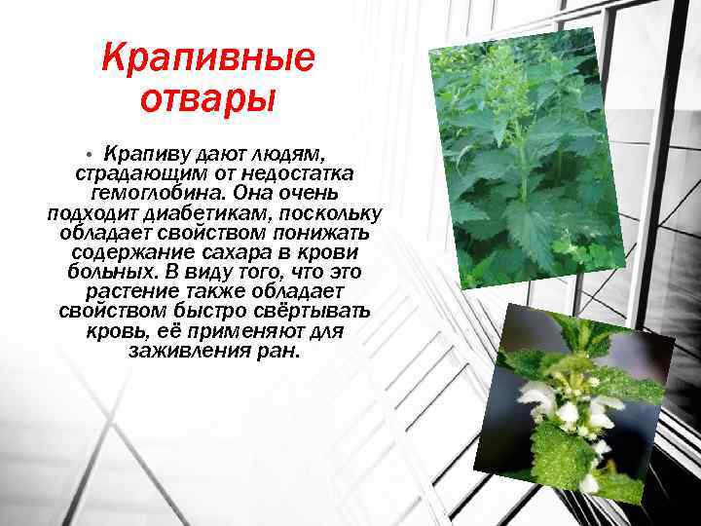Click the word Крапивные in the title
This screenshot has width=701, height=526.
pos(208,60)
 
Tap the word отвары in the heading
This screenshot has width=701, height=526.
pos(208,98)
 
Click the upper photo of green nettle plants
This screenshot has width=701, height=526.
pos(527,156)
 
